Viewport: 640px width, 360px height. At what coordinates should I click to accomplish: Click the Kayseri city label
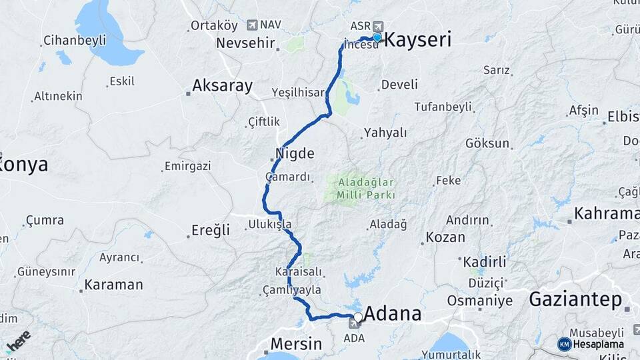coord(419,40)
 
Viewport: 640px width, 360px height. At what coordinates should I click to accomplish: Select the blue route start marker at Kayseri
coord(377,38)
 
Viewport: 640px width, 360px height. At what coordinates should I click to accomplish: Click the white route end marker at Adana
coord(358,317)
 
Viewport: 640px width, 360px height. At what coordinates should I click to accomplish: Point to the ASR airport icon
coord(379,25)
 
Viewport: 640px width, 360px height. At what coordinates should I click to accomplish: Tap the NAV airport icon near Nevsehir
coord(252,25)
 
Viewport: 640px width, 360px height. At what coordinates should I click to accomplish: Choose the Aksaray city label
coord(223,85)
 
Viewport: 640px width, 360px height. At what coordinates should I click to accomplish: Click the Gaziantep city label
coord(575,299)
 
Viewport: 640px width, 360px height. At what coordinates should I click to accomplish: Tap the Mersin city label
coord(296,344)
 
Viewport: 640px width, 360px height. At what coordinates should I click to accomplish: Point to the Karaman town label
coord(113,285)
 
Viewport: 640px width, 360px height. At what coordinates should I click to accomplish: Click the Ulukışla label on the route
coord(270,224)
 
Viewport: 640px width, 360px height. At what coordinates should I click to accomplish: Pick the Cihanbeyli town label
coord(75,41)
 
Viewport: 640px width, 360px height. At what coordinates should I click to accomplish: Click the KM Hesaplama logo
coord(591,344)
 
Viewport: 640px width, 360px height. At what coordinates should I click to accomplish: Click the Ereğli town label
coord(211,230)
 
